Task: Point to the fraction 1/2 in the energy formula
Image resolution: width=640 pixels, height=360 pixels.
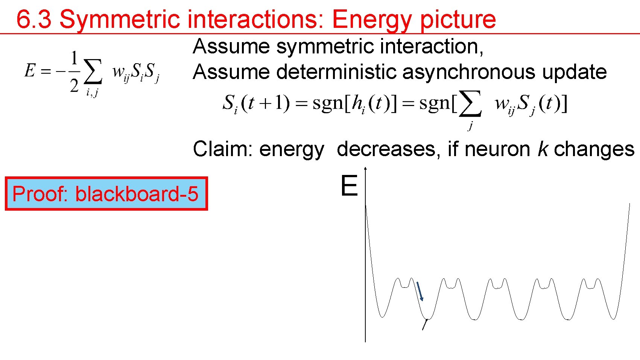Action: click(x=74, y=71)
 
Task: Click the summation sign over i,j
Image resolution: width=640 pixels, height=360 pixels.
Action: click(x=93, y=71)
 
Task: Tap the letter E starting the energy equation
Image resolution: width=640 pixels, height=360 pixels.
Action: click(x=30, y=70)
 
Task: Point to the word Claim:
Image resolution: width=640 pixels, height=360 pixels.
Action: click(x=222, y=149)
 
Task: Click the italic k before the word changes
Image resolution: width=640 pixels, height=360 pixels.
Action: click(x=543, y=149)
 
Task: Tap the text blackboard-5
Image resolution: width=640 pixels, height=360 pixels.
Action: click(x=137, y=194)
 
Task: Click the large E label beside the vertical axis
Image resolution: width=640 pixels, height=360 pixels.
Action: click(x=349, y=186)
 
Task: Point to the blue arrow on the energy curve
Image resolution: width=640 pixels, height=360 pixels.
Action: click(x=420, y=291)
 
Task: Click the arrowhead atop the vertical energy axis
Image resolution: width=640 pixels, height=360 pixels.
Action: click(x=365, y=169)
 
